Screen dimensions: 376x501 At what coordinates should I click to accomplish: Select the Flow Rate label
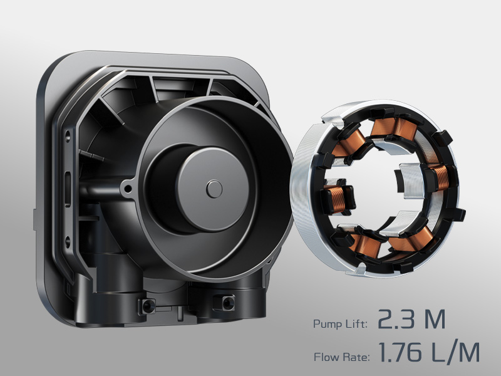tap(339, 357)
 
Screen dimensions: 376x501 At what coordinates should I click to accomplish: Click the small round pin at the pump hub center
tap(214, 187)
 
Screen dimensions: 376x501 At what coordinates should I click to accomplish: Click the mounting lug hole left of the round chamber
tap(129, 185)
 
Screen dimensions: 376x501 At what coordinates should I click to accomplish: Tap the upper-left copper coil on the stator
tap(346, 145)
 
